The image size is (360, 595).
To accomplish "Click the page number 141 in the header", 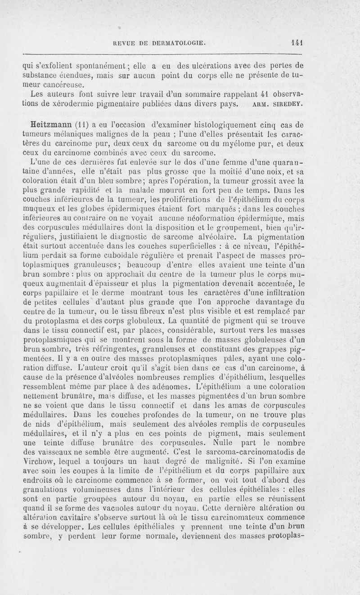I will click(x=295, y=43).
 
